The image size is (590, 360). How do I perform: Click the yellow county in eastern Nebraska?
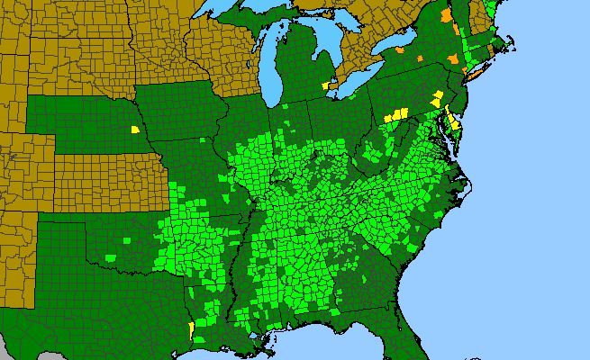point(134,130)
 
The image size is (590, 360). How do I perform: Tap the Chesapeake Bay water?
point(444,135)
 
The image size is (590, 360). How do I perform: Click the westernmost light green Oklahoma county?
point(111,257)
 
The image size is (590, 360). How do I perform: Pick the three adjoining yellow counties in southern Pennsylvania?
point(395,115)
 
